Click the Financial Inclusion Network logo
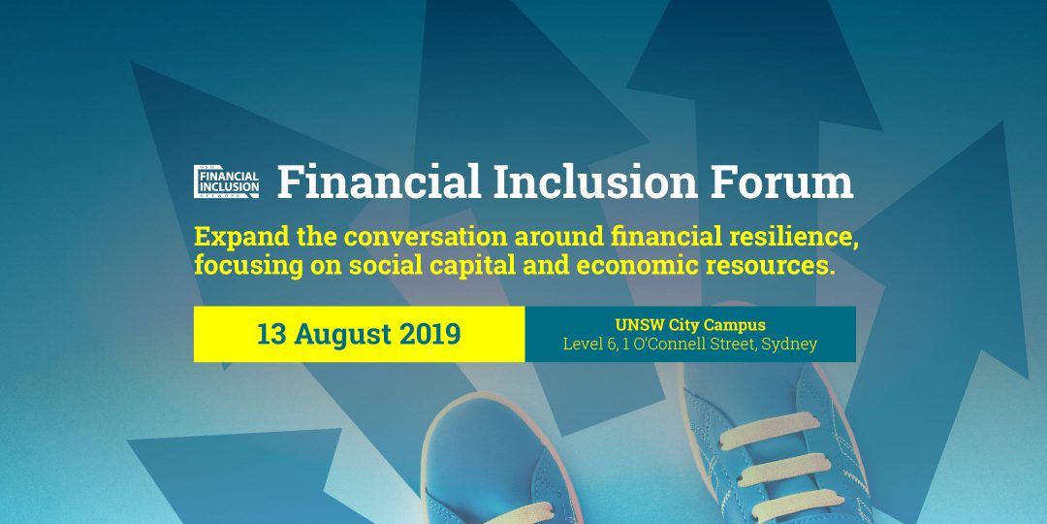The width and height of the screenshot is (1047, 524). (x=226, y=181)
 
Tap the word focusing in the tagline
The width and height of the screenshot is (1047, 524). (x=238, y=266)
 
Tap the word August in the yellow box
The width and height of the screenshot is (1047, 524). (x=344, y=335)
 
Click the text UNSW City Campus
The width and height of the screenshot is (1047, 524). (x=689, y=325)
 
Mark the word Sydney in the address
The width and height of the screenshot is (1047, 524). (x=790, y=344)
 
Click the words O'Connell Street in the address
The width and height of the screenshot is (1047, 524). (x=694, y=344)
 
